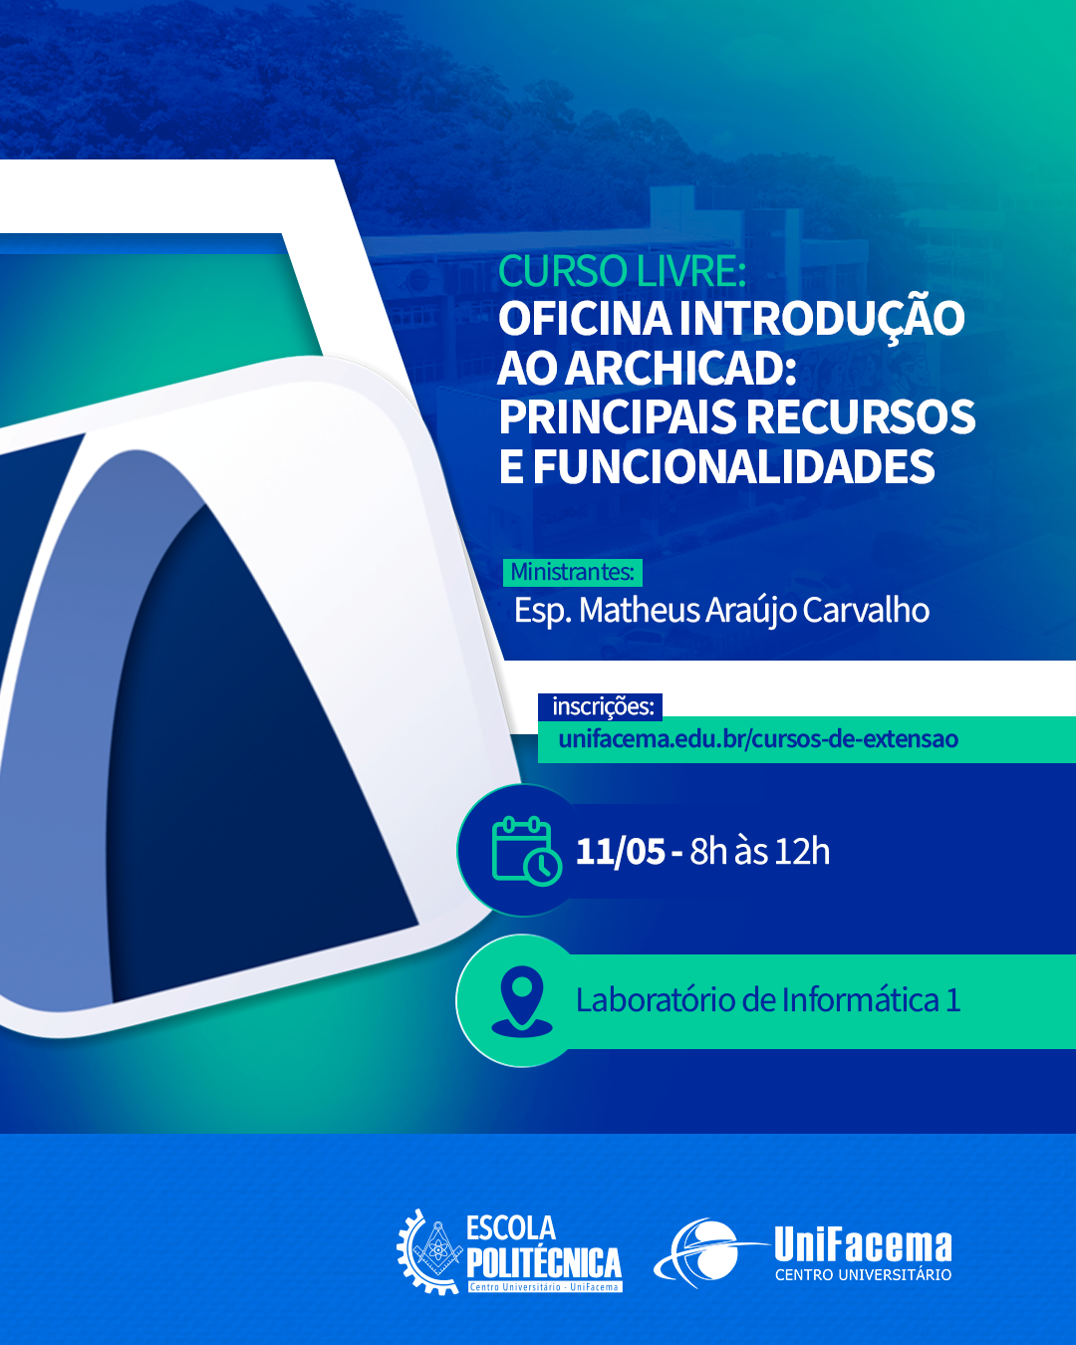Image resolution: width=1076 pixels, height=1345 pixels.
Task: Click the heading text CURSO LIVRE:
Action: point(622,271)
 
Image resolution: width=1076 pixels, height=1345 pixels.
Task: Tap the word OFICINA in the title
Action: point(585,318)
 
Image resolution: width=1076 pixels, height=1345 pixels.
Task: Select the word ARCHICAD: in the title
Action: point(683,368)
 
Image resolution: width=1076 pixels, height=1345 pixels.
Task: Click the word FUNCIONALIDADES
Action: point(734,466)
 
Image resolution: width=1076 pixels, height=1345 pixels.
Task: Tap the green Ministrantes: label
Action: point(573,573)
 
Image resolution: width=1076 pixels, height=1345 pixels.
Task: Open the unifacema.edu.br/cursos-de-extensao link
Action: point(758,739)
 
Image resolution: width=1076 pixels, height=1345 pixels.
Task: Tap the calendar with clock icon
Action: point(526,851)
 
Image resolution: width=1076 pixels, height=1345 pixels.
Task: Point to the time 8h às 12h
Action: point(759,851)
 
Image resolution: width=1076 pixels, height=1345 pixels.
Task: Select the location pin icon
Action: point(522,1001)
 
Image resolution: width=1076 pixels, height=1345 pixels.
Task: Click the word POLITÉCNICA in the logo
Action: point(544,1263)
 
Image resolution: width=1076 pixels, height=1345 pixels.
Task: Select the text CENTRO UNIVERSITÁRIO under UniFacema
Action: point(864,1275)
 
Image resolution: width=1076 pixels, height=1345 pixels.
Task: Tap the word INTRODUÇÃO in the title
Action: point(822,320)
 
